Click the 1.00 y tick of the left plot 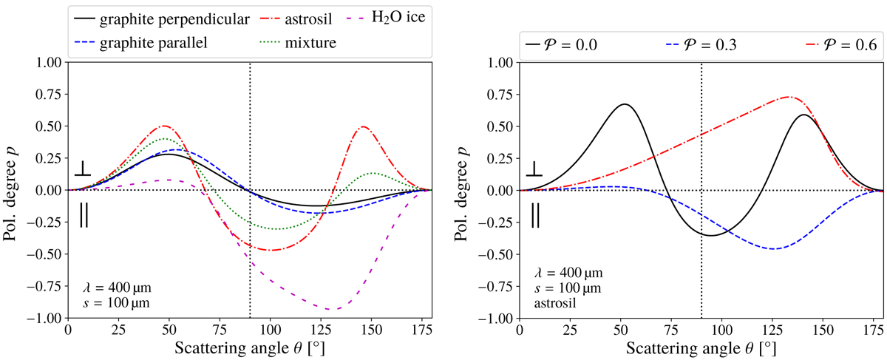point(47,63)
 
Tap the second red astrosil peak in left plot point(363,127)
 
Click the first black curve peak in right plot point(625,104)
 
